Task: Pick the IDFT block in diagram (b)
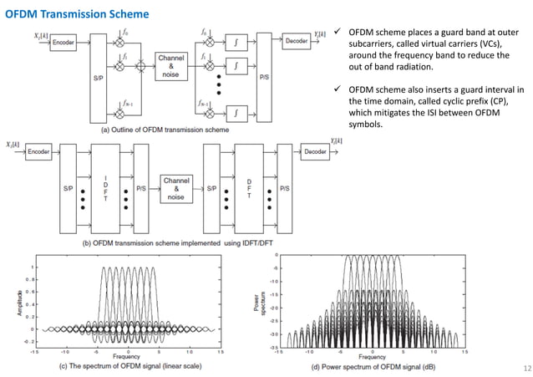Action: (x=107, y=189)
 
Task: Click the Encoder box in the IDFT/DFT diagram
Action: (x=38, y=152)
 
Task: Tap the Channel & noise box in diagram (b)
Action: (x=176, y=189)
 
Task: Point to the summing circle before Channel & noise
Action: (x=141, y=63)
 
